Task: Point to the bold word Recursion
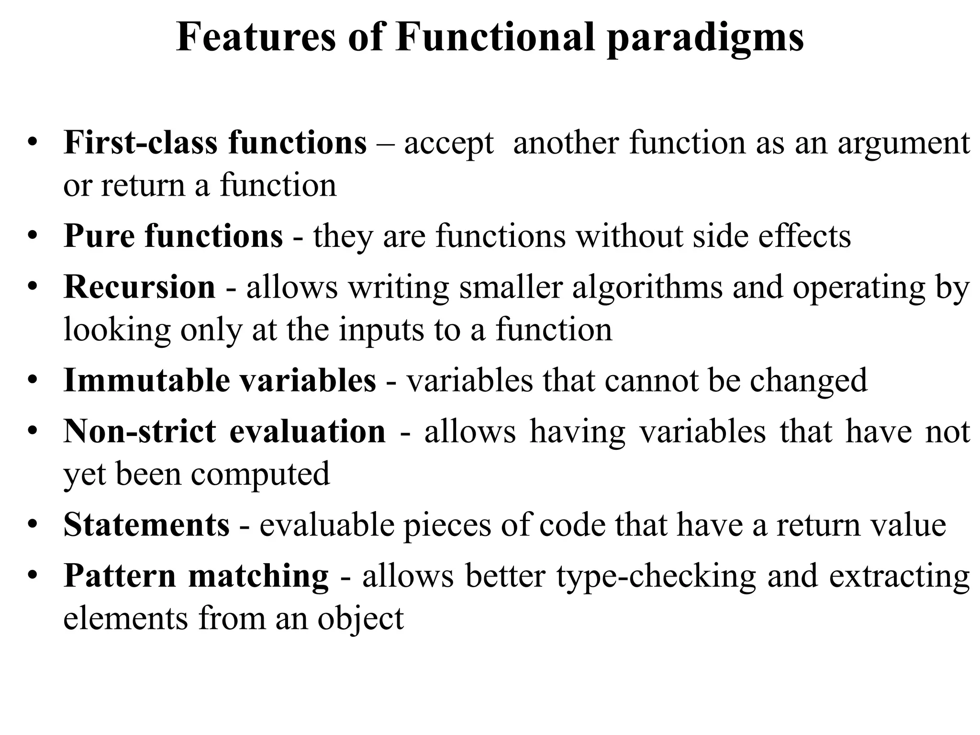point(139,287)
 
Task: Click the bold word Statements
point(146,525)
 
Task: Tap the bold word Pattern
point(120,576)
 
